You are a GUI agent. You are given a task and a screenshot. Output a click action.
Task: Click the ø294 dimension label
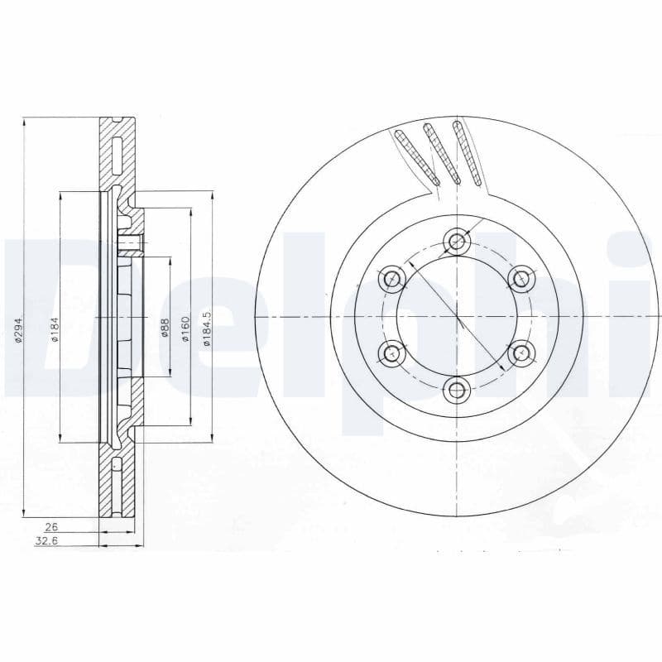coord(18,330)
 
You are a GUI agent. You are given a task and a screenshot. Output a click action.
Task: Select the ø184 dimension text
coord(55,330)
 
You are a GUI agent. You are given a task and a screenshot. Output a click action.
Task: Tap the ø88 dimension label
coord(165,328)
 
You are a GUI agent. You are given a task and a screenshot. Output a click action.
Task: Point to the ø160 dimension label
coord(186,326)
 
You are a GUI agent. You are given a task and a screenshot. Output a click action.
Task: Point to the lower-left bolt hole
coord(392,353)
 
